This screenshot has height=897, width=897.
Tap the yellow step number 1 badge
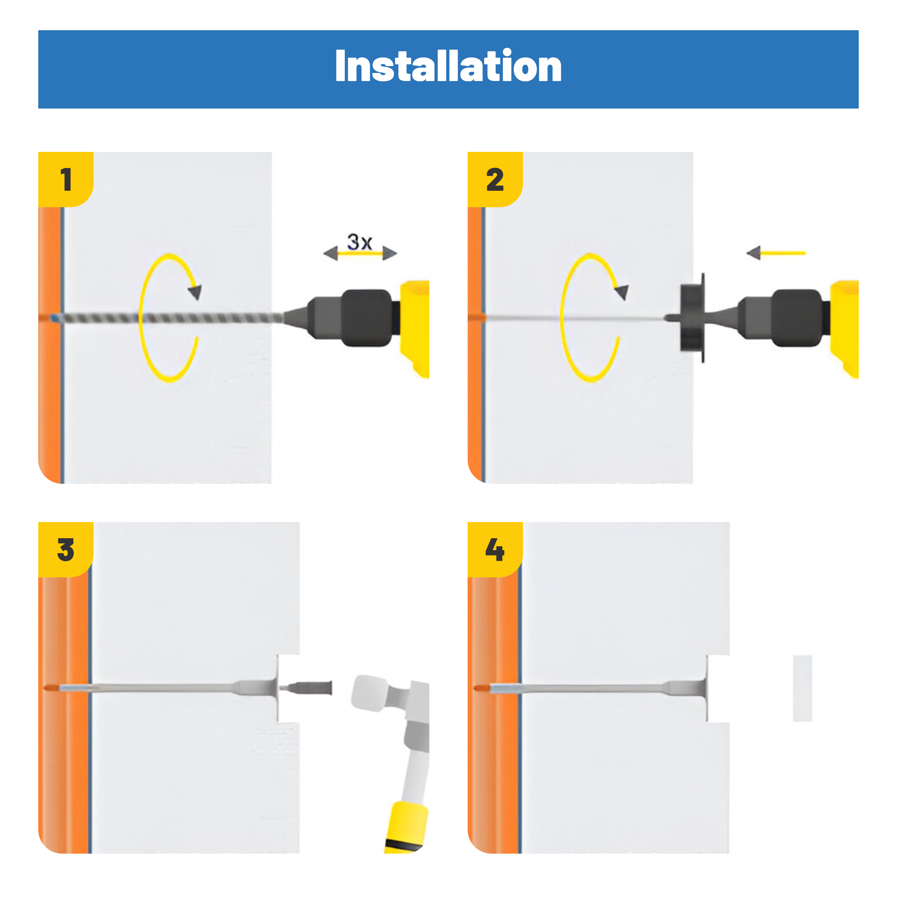[65, 179]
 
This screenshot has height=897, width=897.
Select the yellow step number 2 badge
[495, 179]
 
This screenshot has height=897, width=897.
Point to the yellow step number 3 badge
[65, 550]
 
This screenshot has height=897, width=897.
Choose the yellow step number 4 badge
[495, 550]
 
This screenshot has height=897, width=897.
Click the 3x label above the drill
[360, 242]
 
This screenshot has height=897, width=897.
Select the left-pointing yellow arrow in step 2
[776, 253]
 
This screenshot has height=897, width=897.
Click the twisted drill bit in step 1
[167, 318]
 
